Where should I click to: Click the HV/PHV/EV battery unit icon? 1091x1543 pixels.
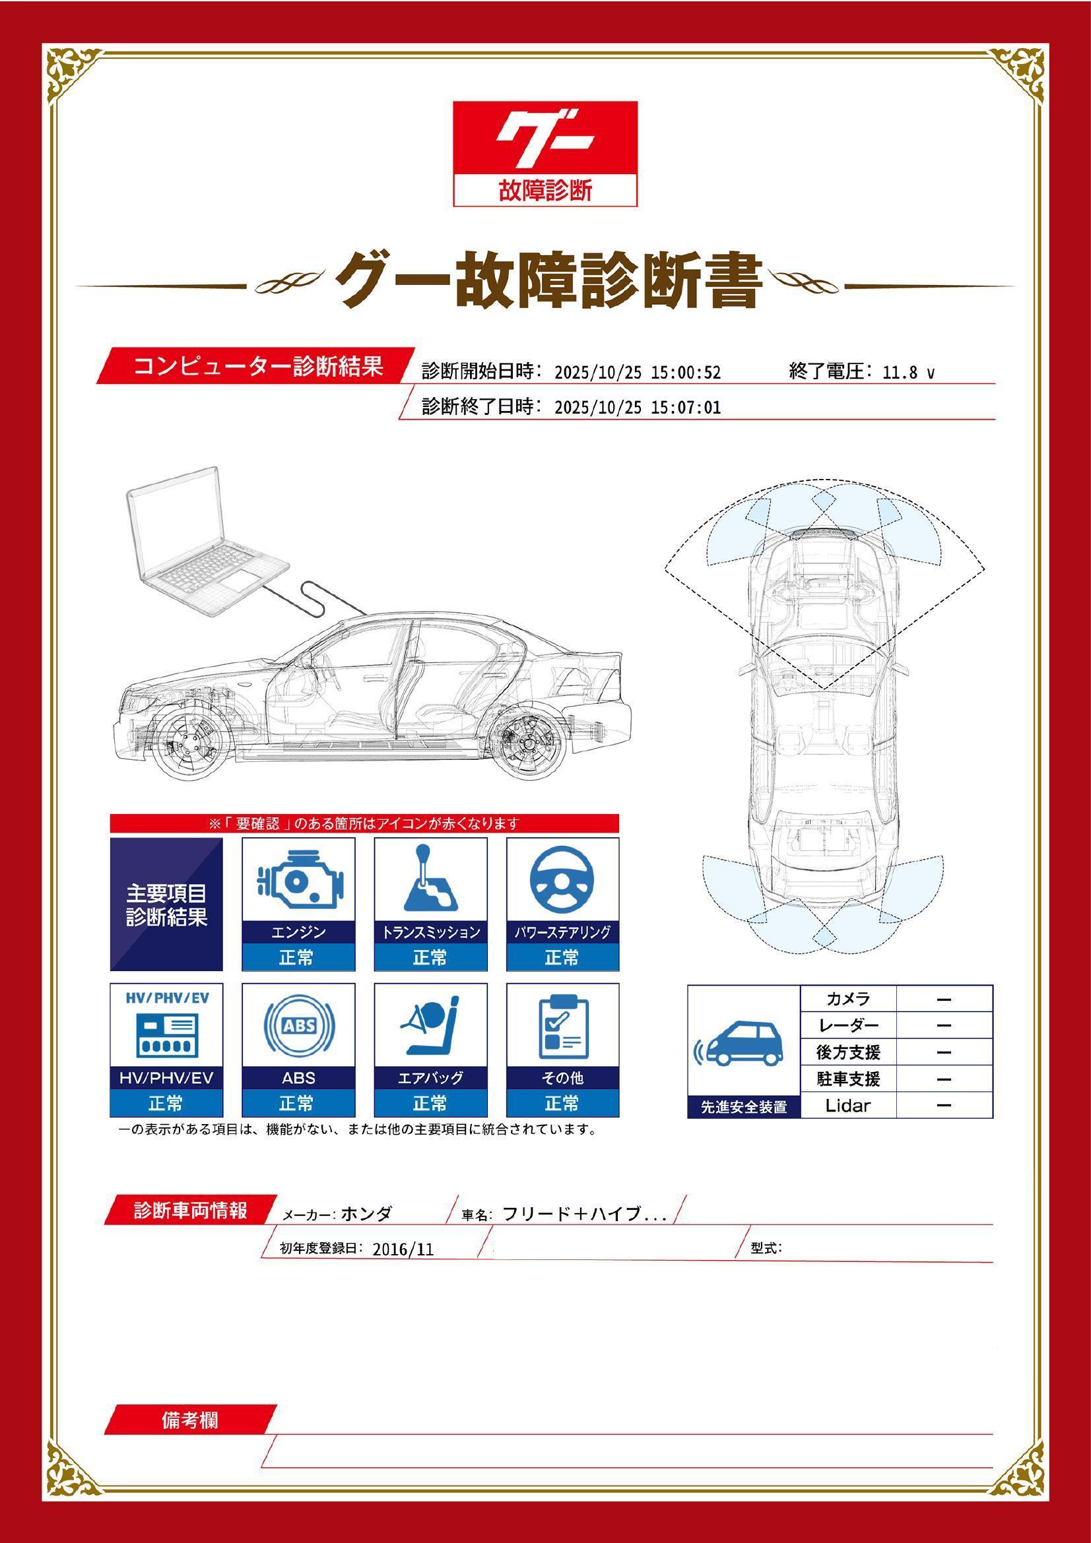tap(166, 1034)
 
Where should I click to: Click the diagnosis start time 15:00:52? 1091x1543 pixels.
tap(686, 372)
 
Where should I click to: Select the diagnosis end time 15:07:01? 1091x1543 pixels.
tap(686, 407)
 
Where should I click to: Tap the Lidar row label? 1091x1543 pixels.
tap(847, 1106)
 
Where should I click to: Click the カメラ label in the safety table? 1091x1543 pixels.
tap(847, 999)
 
